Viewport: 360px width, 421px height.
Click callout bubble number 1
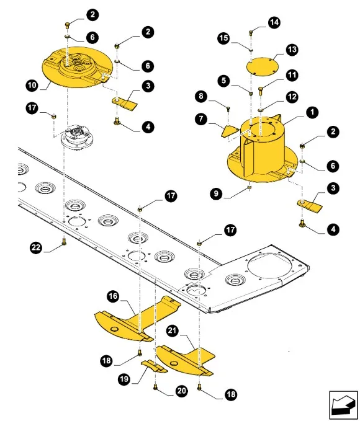click(312, 112)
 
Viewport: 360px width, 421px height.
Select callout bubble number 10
click(32, 86)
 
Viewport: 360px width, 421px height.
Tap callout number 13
click(292, 50)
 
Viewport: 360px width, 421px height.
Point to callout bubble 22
click(36, 247)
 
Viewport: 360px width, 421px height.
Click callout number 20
click(181, 391)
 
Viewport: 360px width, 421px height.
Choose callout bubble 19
click(124, 379)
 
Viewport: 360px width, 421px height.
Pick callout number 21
click(173, 330)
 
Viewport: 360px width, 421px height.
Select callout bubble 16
click(113, 296)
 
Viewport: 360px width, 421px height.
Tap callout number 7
click(201, 118)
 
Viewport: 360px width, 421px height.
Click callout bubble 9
click(217, 193)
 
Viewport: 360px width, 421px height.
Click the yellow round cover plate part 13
click(263, 66)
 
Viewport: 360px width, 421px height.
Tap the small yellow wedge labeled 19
click(154, 366)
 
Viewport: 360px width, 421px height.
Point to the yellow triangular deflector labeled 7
click(230, 131)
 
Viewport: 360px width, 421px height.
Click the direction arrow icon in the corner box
click(343, 404)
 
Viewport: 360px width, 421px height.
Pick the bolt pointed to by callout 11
click(261, 91)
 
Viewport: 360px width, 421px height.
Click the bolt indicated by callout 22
click(64, 241)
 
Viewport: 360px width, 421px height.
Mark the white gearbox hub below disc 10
click(77, 137)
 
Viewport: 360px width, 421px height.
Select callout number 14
click(274, 22)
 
